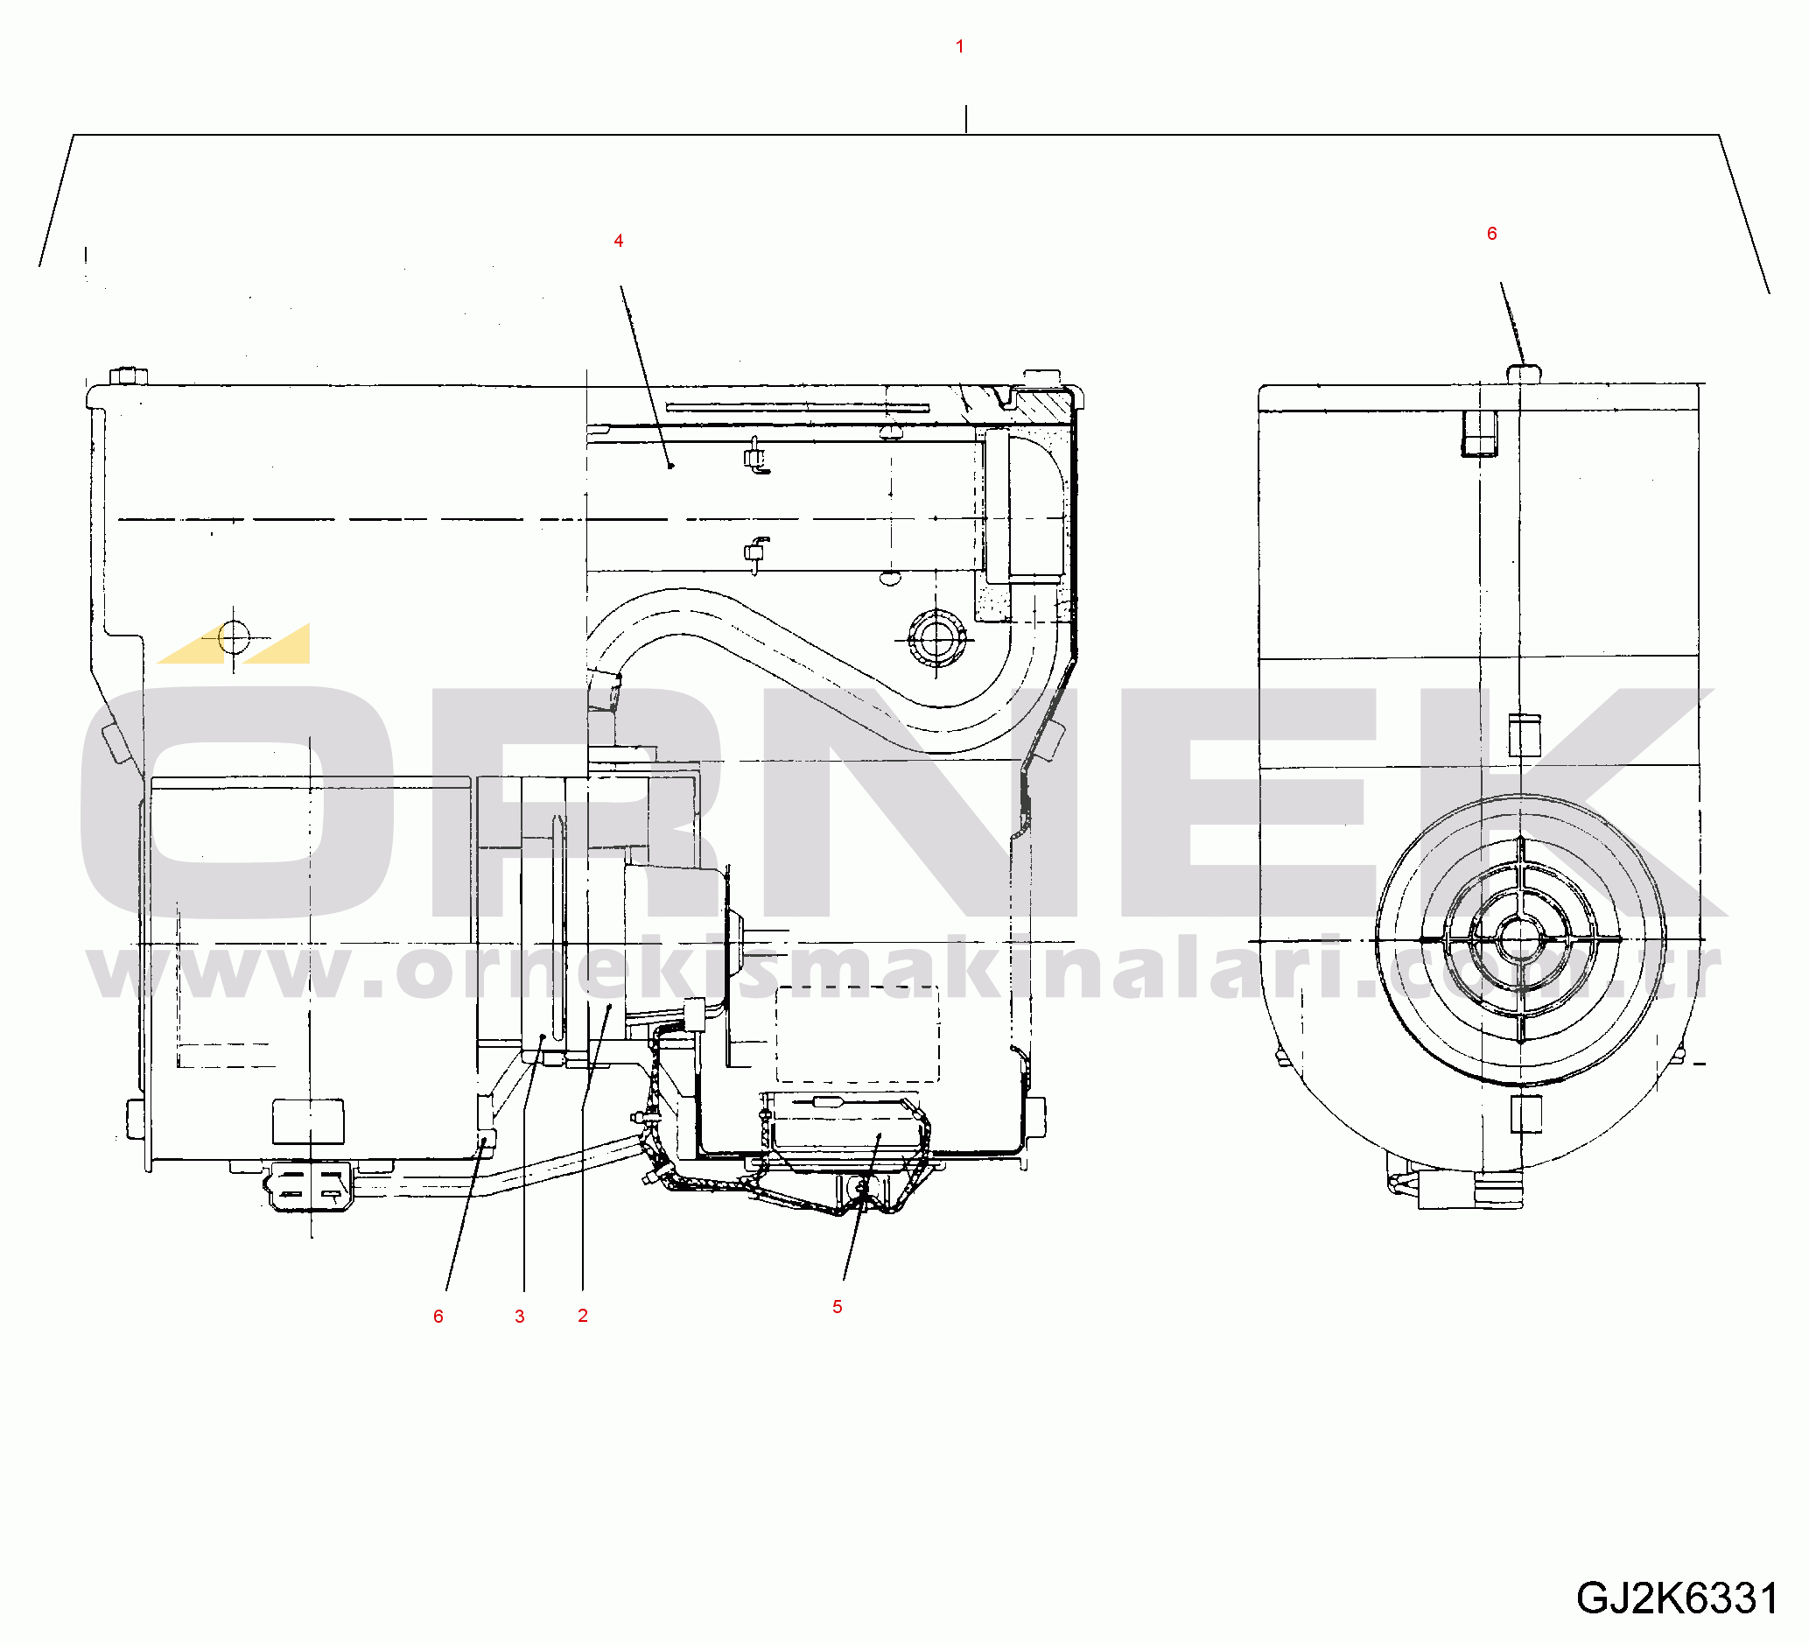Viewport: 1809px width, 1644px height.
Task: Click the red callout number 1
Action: [959, 46]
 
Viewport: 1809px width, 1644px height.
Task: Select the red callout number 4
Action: [618, 241]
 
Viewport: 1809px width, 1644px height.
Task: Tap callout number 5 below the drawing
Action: [838, 1307]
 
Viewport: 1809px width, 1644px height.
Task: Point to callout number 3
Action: [520, 1317]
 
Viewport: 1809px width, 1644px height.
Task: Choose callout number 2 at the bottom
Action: [582, 1316]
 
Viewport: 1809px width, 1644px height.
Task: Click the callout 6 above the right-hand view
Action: [1491, 234]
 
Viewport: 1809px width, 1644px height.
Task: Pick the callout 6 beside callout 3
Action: [438, 1317]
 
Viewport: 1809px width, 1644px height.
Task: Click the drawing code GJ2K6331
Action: [1677, 1598]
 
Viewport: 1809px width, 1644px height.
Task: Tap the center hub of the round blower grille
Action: [1520, 939]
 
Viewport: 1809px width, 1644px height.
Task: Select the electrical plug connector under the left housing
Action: [307, 1186]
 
